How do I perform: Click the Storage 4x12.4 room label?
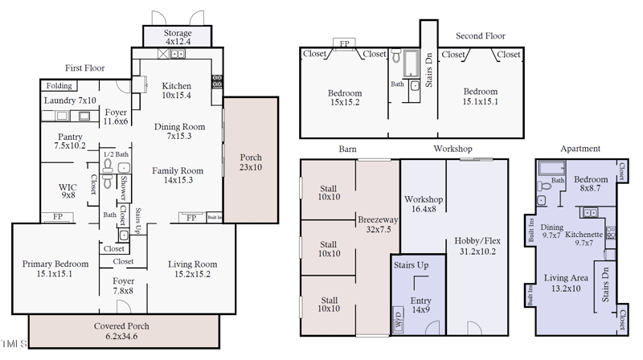[176, 35]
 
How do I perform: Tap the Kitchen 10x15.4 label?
[176, 90]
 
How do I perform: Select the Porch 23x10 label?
[251, 162]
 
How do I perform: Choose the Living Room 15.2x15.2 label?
[192, 268]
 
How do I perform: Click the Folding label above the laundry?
[59, 86]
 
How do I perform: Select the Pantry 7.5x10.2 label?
[70, 141]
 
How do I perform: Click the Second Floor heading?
[480, 36]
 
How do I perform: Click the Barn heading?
[347, 149]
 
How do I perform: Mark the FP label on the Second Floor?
[345, 43]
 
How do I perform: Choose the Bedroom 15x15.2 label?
[344, 97]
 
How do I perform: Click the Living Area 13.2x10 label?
[567, 283]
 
